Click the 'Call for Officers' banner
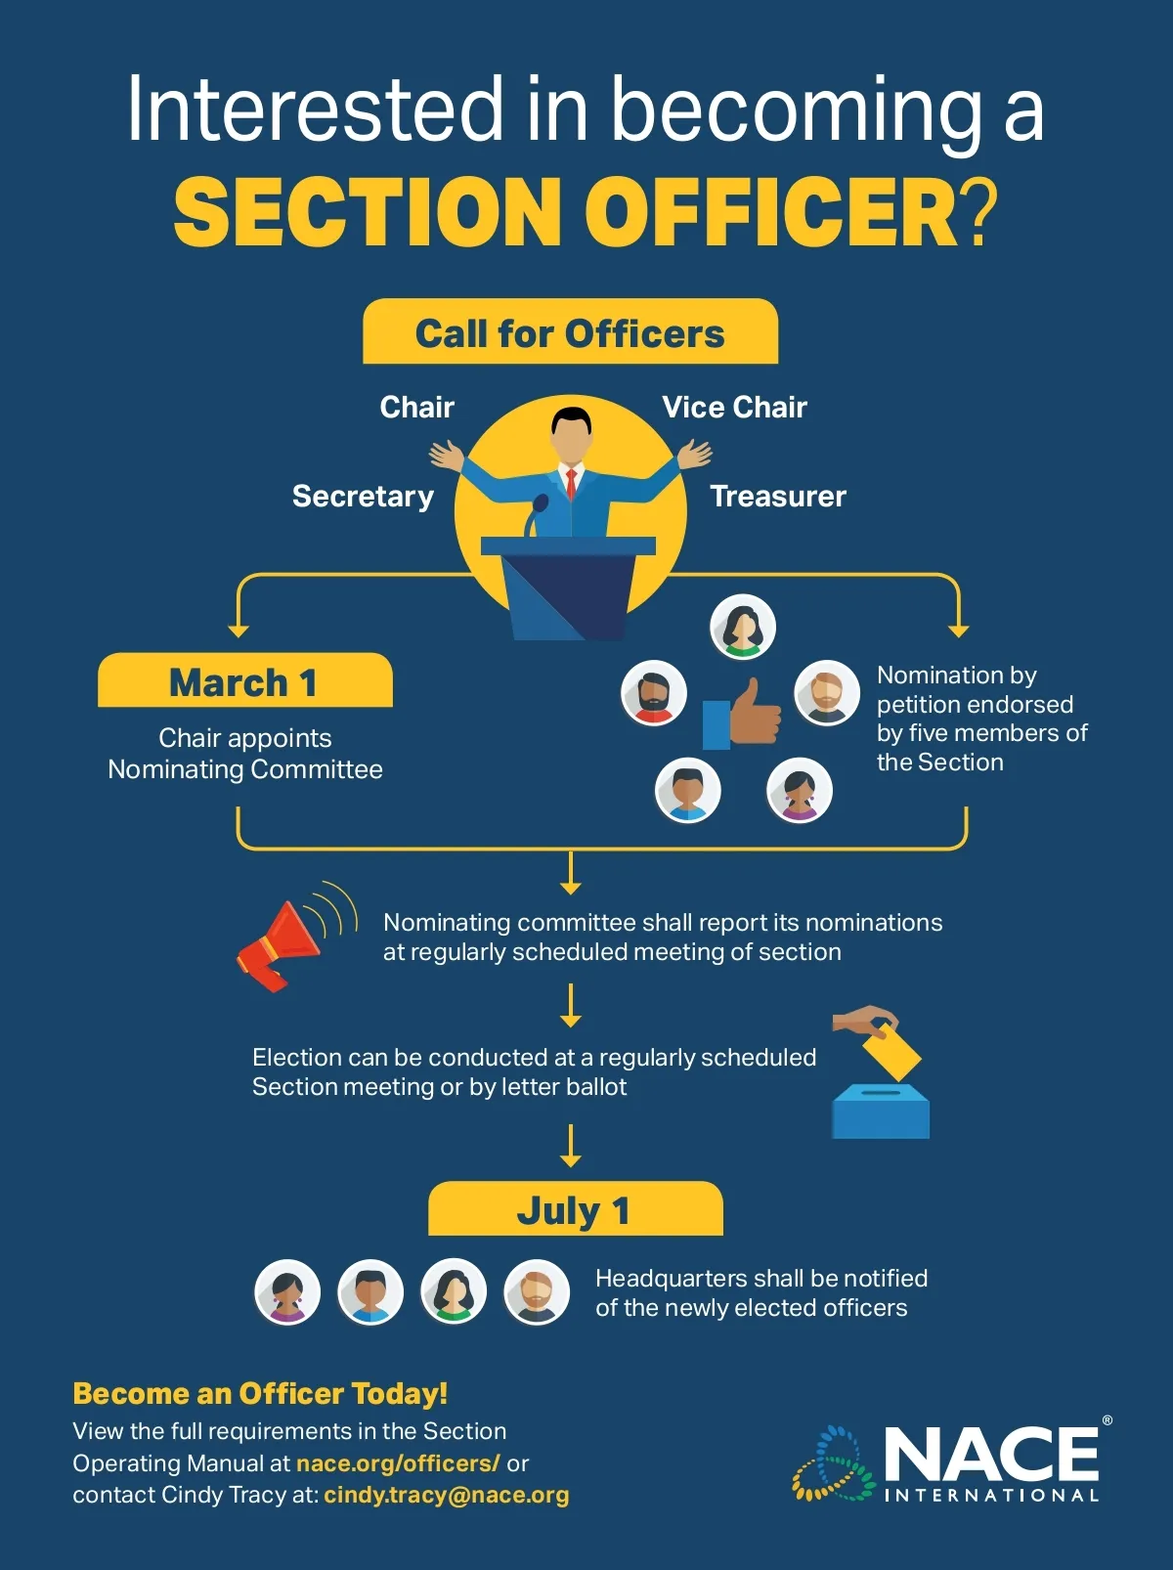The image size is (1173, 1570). (570, 333)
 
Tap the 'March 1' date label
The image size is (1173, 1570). (243, 682)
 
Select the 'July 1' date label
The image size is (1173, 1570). (574, 1210)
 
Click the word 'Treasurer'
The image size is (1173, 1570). (777, 497)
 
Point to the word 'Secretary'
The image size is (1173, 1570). (363, 497)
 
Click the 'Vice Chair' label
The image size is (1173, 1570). (734, 407)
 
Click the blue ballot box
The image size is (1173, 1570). (880, 1112)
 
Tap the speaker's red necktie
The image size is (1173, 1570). (571, 482)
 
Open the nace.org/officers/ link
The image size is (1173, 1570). (398, 1463)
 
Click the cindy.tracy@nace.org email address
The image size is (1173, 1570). (447, 1495)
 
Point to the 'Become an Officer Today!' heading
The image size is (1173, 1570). (260, 1393)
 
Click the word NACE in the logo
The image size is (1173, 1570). (991, 1454)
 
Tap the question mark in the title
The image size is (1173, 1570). (980, 212)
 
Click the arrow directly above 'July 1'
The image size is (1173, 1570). (571, 1146)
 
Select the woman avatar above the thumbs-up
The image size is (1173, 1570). (743, 627)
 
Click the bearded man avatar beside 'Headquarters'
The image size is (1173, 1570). (537, 1292)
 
